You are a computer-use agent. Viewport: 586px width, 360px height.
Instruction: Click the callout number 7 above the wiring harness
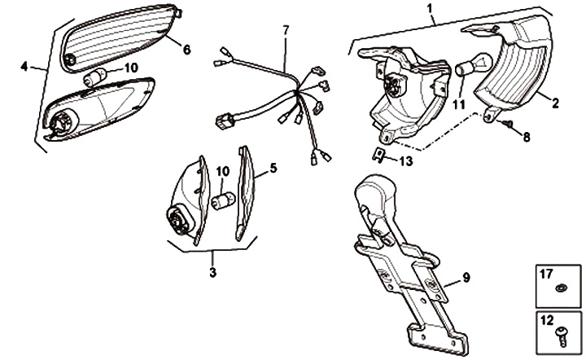[286, 30]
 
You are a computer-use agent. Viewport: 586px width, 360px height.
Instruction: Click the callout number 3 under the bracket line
[213, 272]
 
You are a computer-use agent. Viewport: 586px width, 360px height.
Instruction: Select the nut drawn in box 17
[561, 288]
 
